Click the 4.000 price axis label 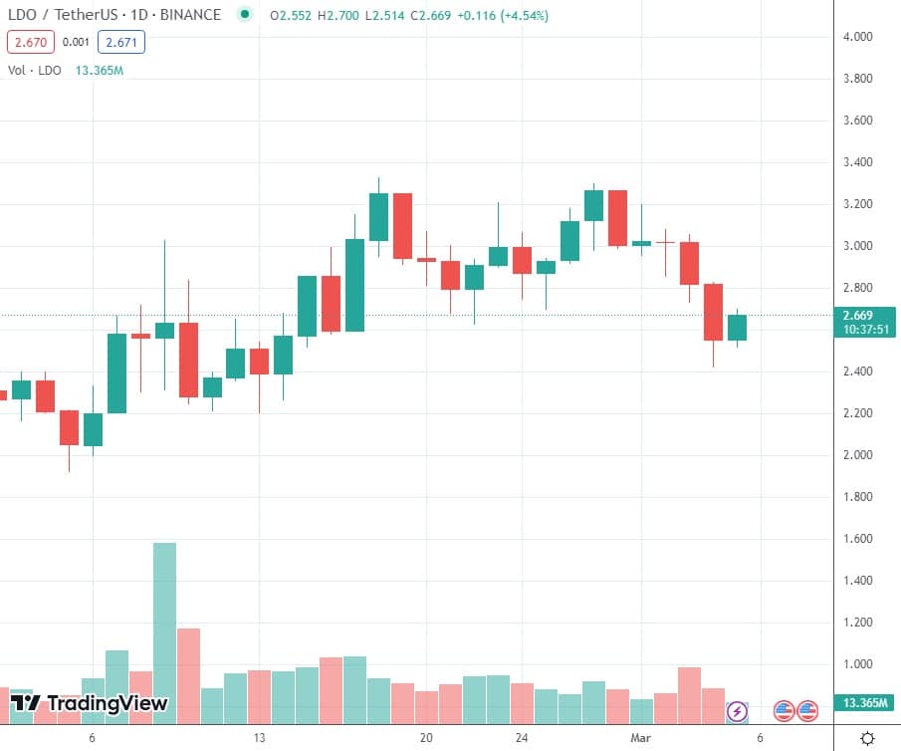click(x=857, y=37)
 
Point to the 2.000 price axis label click(x=857, y=455)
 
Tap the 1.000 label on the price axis click(x=857, y=664)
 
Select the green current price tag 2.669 click(x=864, y=316)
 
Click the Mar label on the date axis click(x=640, y=738)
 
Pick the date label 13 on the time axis click(x=259, y=738)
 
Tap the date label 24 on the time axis click(x=522, y=738)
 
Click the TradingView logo click(x=89, y=704)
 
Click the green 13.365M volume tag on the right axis click(x=863, y=703)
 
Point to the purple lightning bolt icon click(x=737, y=711)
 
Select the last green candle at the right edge click(x=737, y=327)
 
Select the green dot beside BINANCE click(x=245, y=16)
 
